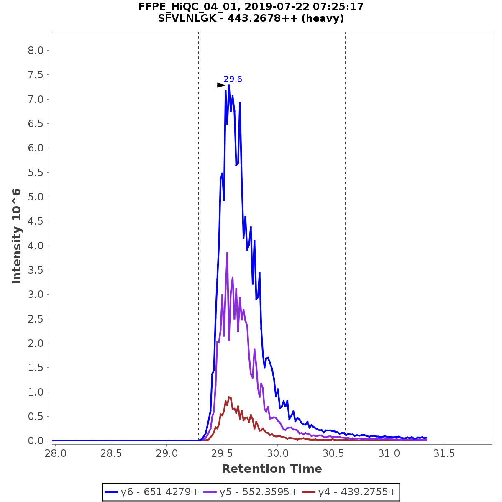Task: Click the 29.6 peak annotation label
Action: coord(233,79)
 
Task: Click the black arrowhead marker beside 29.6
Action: coord(221,85)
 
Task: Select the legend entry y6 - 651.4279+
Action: coord(152,492)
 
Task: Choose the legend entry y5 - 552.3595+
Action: coord(251,492)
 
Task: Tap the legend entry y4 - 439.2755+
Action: coord(349,492)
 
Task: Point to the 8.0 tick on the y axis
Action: coord(36,51)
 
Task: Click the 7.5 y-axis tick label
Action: coord(36,75)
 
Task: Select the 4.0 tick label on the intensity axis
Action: coord(36,246)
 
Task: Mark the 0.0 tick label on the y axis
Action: coord(36,441)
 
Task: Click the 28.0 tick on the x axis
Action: coord(56,453)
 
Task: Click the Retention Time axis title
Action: coord(271,469)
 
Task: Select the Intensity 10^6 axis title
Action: coord(17,236)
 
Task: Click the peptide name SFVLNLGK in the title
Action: coord(187,18)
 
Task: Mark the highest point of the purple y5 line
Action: coord(227,252)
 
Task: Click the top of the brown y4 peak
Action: coord(229,397)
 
